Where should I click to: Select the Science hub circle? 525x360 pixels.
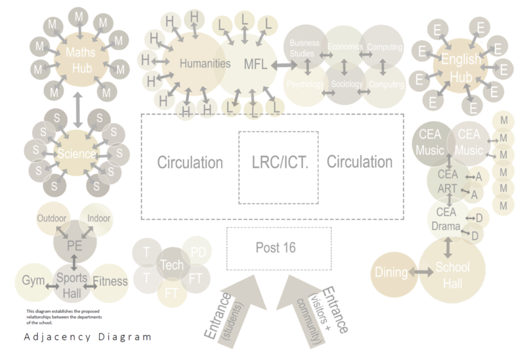point(77,153)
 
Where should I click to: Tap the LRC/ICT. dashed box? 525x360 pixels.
point(278,166)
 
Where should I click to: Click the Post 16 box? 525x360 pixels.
point(275,248)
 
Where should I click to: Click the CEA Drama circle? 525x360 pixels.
point(447,220)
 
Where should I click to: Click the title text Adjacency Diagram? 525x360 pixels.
point(87,337)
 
